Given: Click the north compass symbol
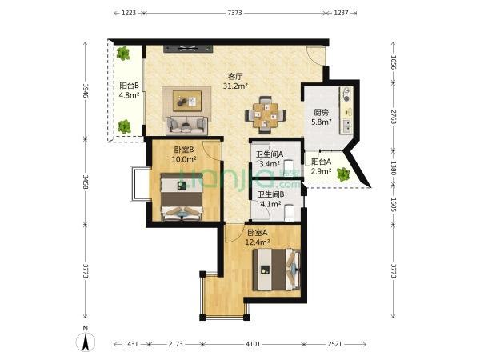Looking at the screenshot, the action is tap(86, 342).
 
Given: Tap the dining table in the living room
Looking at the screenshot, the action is tap(266, 115).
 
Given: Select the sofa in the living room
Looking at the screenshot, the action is tap(186, 126).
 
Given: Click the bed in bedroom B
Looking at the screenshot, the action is tap(182, 197).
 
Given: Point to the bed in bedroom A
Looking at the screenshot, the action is tap(276, 270).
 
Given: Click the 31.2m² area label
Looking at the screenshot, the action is tap(235, 86).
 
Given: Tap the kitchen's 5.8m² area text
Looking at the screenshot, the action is tap(322, 122).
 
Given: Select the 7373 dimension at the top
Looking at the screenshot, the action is tap(234, 13).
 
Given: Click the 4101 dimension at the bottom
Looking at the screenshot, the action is tap(253, 344).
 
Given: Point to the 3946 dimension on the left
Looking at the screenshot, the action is tap(85, 90).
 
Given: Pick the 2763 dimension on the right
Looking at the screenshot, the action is tap(394, 116).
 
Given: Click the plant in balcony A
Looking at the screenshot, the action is tap(343, 174).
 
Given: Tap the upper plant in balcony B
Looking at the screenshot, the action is tap(122, 54).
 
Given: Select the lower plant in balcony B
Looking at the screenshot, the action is tap(124, 126).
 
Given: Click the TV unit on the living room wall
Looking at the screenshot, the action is tap(188, 49).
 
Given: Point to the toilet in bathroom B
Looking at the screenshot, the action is tap(289, 212).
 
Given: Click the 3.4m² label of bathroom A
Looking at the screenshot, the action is tap(270, 164).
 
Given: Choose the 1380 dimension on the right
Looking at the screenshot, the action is tap(394, 168).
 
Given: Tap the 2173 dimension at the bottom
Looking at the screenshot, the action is tap(176, 344).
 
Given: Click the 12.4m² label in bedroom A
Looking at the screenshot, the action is tap(258, 242).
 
